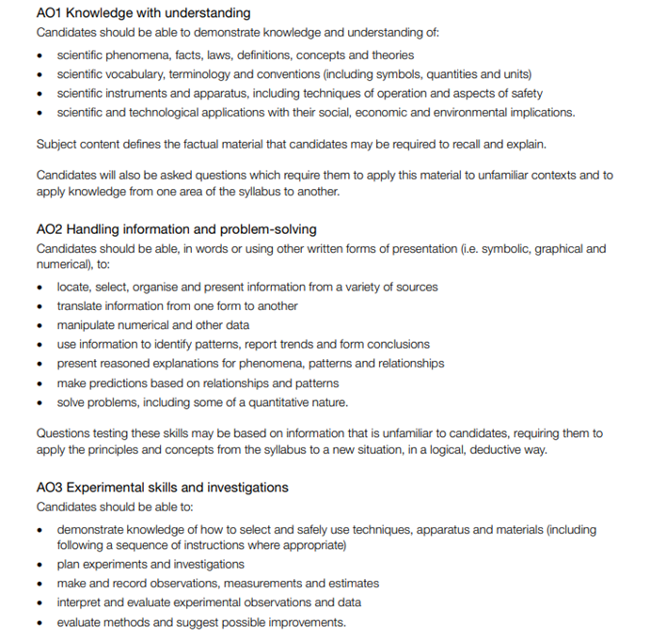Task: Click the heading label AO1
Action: tap(51, 13)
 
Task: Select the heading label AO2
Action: tap(51, 229)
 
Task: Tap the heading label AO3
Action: tap(51, 488)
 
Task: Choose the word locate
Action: tap(73, 287)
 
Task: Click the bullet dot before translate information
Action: tap(40, 306)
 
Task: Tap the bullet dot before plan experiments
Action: tap(40, 565)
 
